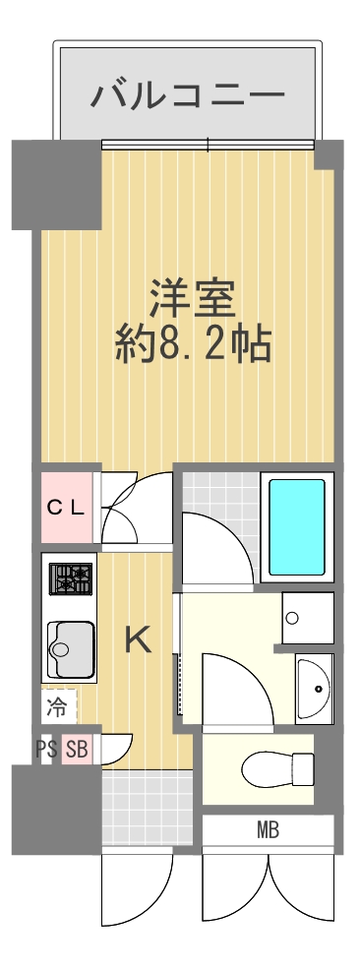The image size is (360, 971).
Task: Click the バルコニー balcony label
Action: pyautogui.click(x=188, y=95)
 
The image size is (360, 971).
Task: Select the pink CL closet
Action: pyautogui.click(x=66, y=508)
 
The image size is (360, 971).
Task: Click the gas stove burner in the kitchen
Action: pyautogui.click(x=70, y=580)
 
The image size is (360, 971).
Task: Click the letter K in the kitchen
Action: pyautogui.click(x=138, y=640)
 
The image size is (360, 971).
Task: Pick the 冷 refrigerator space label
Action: pyautogui.click(x=58, y=705)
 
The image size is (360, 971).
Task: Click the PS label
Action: pyautogui.click(x=46, y=750)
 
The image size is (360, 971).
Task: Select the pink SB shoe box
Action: pyautogui.click(x=77, y=750)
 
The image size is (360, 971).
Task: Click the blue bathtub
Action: pyautogui.click(x=296, y=526)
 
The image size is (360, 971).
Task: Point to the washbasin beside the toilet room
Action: pyautogui.click(x=314, y=688)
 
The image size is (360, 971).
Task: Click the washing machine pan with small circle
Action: pyautogui.click(x=307, y=617)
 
